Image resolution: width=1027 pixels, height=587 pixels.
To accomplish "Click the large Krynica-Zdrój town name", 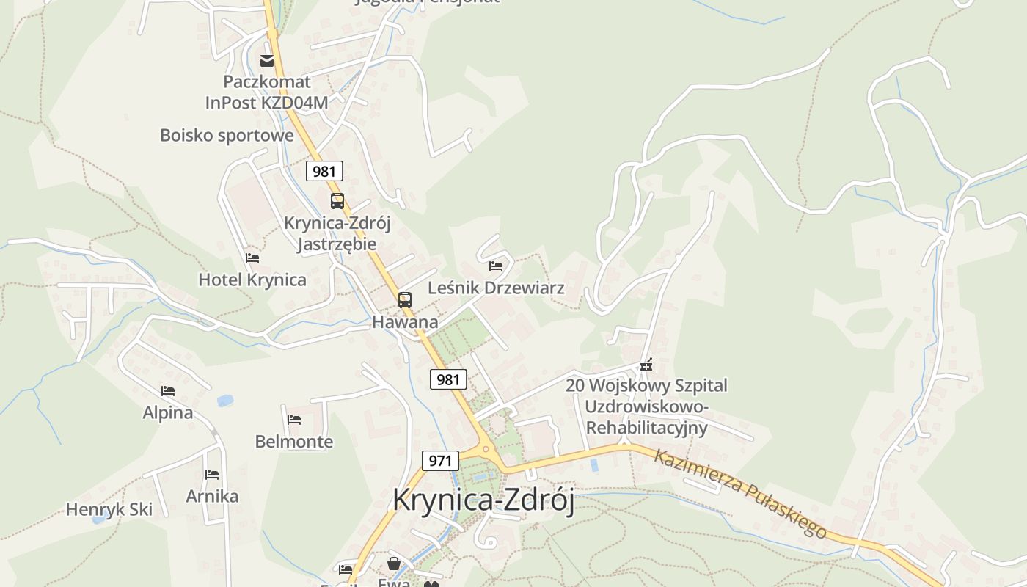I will [483, 500].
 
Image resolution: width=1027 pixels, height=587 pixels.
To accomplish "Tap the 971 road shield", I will [440, 461].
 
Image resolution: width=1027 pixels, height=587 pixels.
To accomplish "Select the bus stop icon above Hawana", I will [404, 299].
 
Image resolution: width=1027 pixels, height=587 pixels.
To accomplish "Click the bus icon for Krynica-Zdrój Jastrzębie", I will [337, 200].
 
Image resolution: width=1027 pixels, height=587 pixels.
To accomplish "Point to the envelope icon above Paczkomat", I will [267, 60].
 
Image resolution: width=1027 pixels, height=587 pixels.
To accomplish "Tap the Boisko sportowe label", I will [227, 135].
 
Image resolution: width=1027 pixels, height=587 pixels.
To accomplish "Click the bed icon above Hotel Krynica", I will [252, 258].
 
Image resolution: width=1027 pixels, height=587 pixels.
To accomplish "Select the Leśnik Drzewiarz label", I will [496, 288].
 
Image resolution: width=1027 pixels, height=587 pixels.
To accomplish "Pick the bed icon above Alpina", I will [168, 391].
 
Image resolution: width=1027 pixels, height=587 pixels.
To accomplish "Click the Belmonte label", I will [293, 441].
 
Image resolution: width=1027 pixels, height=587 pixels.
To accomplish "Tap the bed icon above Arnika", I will [212, 475].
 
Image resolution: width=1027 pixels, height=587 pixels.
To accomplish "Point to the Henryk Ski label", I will [109, 509].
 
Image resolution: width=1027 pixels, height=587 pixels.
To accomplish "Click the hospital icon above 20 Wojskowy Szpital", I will [646, 365].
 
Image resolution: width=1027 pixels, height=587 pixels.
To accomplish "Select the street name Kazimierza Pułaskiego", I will [740, 494].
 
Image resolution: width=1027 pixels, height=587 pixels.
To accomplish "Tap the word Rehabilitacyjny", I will [646, 427].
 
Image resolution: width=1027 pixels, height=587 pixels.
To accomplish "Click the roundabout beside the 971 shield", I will [485, 449].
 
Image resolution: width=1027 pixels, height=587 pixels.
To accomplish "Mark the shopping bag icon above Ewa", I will [394, 564].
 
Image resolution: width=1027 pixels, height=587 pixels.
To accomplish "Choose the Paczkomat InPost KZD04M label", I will [267, 92].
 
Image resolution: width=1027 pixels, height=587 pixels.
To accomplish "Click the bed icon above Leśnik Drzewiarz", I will [496, 266].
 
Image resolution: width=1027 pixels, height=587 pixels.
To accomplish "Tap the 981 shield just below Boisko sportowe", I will [324, 172].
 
